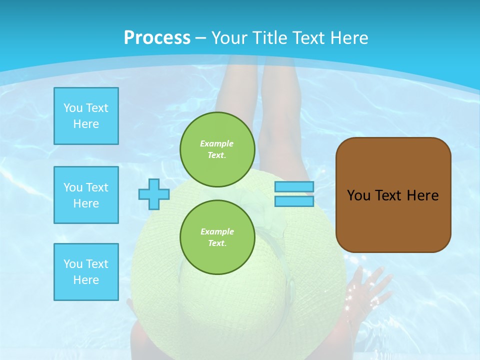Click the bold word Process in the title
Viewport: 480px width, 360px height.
tap(157, 38)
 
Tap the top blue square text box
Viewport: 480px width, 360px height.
tap(86, 116)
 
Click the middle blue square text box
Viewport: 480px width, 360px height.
tap(86, 195)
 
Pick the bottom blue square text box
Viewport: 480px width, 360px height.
tap(86, 272)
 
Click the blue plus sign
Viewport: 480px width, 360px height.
tap(154, 194)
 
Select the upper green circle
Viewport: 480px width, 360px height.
tap(217, 149)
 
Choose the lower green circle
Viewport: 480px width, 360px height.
tap(217, 237)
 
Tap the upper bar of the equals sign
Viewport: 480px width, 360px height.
tap(294, 187)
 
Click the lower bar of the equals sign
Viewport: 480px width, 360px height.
tap(294, 201)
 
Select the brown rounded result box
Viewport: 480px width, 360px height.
tap(393, 195)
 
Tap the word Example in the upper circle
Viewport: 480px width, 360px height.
tap(217, 143)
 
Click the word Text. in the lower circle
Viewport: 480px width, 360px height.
tap(217, 243)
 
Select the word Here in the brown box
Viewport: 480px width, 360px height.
tap(422, 195)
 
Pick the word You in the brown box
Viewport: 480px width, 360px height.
tap(358, 195)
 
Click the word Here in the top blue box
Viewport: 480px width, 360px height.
tap(86, 124)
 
